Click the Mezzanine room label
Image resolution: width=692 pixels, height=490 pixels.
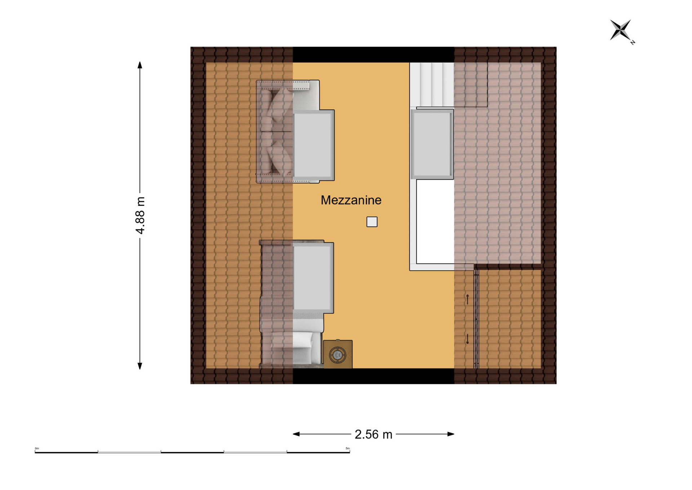tap(351, 200)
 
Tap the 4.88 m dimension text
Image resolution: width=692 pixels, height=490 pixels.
tap(140, 215)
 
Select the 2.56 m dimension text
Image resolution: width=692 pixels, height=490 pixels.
tap(373, 434)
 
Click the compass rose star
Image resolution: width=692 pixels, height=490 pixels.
tap(620, 30)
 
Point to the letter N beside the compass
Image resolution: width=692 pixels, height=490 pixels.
tap(633, 43)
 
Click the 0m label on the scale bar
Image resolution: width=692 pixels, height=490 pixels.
tap(37, 449)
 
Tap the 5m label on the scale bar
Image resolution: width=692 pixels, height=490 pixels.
tap(348, 449)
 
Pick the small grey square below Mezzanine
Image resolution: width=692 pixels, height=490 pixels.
tap(372, 222)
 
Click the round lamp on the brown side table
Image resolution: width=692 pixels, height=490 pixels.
tap(338, 355)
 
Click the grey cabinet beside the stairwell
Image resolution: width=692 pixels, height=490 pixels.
tap(432, 144)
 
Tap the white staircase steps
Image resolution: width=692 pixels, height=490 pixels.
tap(432, 85)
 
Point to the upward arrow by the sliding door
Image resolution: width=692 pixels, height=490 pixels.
tap(467, 299)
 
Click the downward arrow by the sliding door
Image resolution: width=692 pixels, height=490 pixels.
tap(467, 339)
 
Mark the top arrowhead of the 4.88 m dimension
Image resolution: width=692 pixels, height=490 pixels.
tap(140, 65)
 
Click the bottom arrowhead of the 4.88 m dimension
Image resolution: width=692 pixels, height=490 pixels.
tap(140, 366)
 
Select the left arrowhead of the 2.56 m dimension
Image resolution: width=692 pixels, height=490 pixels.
tap(296, 434)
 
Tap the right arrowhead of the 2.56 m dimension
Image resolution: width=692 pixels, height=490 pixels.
tap(451, 434)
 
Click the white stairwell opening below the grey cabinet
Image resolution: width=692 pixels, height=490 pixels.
tap(435, 222)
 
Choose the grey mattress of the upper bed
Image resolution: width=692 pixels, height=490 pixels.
tap(313, 145)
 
